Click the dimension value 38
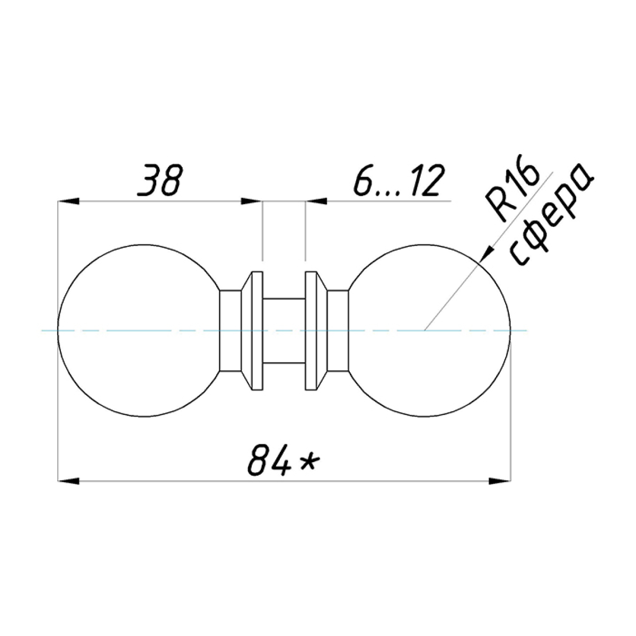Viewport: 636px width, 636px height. coord(160,180)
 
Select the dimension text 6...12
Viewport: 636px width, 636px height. coord(399,180)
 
